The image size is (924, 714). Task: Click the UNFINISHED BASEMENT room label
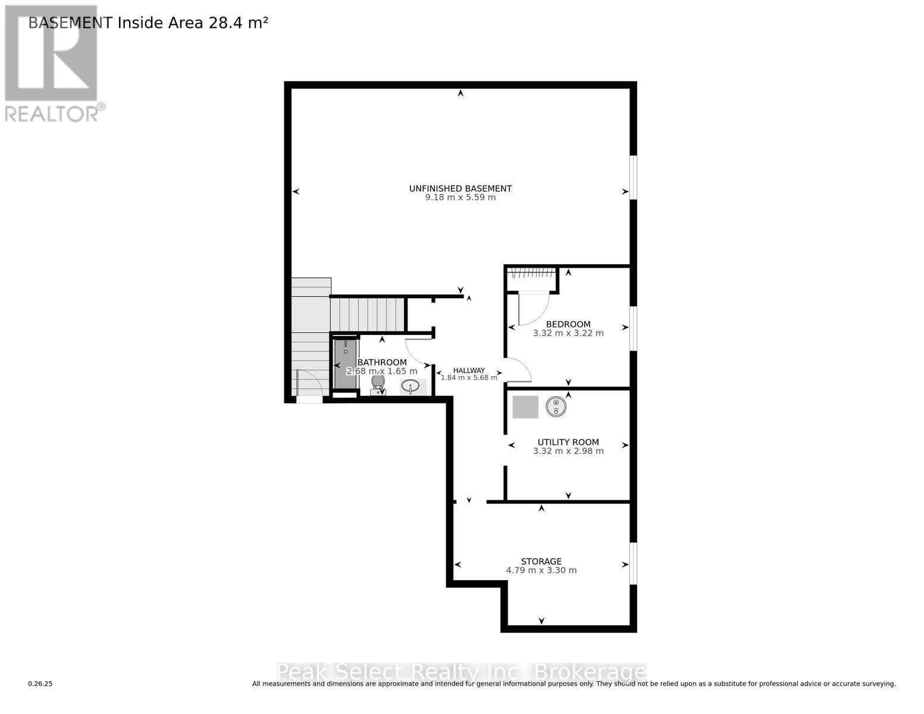coord(460,189)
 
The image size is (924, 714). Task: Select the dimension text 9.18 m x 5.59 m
coord(460,198)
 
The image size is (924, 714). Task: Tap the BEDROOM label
coord(568,324)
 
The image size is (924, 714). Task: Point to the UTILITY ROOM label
coord(568,442)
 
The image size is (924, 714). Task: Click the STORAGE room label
coord(541,561)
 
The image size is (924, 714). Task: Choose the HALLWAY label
coord(469,370)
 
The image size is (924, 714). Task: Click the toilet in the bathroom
coord(378,384)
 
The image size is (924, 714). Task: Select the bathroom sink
coord(410,387)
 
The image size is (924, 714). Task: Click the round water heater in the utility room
coord(556,406)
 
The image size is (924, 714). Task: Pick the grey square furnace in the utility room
coord(525,407)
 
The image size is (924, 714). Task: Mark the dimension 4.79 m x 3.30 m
coord(541,570)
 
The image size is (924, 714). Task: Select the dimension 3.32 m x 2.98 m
coord(568,451)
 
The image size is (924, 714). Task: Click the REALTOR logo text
coord(52,113)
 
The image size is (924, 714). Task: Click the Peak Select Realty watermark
coord(461,672)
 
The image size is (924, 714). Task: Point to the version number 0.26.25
coord(40,684)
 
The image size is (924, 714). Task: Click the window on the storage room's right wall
coord(633,563)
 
